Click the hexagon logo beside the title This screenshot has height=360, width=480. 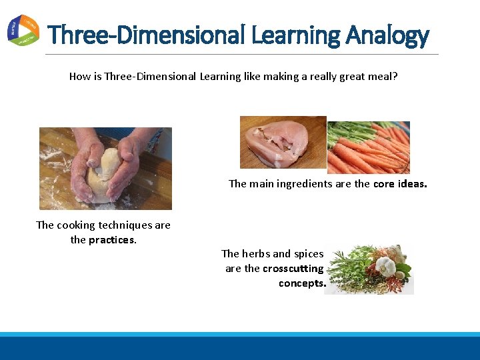pyautogui.click(x=23, y=29)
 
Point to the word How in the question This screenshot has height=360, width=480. pyautogui.click(x=79, y=77)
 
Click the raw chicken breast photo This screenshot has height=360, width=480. pyautogui.click(x=283, y=142)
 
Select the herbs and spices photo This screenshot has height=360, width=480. pyautogui.click(x=370, y=270)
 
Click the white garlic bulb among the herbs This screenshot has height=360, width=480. pyautogui.click(x=386, y=266)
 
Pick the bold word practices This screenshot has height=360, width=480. pyautogui.click(x=113, y=240)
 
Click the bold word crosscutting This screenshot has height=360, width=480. pyautogui.click(x=293, y=269)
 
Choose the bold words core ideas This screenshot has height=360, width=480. pyautogui.click(x=400, y=184)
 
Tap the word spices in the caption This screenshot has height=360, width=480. pyautogui.click(x=307, y=254)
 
